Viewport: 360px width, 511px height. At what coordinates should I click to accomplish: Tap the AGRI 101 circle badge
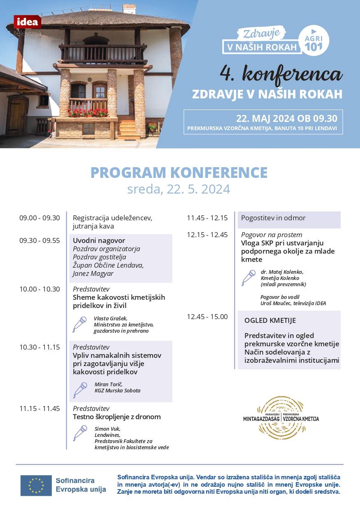314,40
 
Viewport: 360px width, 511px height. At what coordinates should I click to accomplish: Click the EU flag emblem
36,485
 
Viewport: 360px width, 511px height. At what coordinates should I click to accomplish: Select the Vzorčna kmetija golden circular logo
281,418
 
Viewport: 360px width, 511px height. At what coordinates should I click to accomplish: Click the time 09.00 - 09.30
39,218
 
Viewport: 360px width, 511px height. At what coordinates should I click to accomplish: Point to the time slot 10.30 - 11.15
39,347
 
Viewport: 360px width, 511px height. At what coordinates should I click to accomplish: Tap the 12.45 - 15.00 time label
207,316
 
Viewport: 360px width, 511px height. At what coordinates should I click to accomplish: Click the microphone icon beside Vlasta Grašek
79,324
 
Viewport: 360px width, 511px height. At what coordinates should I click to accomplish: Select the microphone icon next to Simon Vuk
80,433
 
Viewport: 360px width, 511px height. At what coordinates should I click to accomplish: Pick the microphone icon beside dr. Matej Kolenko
249,278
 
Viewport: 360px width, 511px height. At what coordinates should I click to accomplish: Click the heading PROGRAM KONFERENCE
179,173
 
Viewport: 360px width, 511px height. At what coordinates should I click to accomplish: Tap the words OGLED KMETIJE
270,320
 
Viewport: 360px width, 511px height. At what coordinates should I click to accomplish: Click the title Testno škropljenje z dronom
117,417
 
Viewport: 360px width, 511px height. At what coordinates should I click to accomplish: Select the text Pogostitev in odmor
273,218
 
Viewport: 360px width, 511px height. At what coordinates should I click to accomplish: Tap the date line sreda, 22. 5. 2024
179,189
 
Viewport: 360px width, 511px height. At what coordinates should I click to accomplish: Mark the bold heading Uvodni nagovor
99,240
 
